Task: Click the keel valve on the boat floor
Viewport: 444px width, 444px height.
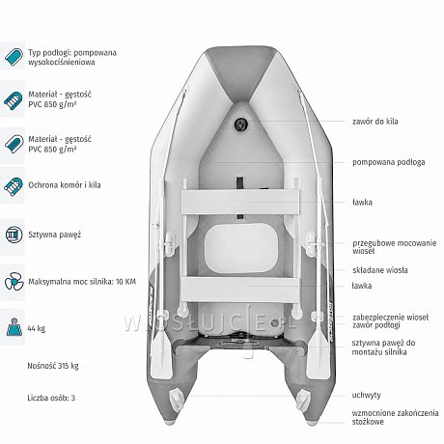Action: point(240,125)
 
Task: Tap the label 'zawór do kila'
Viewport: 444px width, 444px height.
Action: point(375,122)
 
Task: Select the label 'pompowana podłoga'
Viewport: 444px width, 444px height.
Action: point(389,162)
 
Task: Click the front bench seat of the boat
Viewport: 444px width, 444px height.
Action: point(240,203)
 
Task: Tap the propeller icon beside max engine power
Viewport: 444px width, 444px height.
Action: point(14,282)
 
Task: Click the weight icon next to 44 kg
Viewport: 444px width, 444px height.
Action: point(14,327)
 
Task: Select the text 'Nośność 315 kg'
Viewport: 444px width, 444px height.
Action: point(53,366)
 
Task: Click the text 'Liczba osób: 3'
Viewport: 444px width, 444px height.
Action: point(51,398)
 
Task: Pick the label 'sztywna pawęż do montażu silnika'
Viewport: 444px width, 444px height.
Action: point(383,347)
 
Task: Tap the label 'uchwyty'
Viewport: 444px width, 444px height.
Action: point(367,395)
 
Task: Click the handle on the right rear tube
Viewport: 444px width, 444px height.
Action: point(302,400)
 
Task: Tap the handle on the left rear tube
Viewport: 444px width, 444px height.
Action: point(177,400)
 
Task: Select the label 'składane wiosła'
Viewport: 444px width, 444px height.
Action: point(380,270)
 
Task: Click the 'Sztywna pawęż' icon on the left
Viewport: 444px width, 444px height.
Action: point(14,235)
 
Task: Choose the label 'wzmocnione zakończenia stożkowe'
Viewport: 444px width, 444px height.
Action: point(395,417)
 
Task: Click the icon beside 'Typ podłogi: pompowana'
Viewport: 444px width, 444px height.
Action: point(14,57)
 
